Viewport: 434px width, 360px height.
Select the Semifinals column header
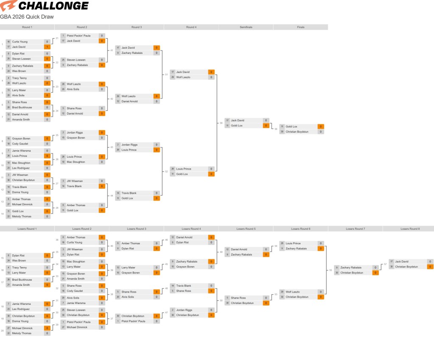click(x=246, y=27)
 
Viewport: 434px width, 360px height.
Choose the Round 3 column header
click(x=136, y=27)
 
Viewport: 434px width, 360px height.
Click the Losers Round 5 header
click(x=246, y=229)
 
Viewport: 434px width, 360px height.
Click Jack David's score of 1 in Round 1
click(x=47, y=47)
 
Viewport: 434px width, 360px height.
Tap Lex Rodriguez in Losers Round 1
click(x=21, y=309)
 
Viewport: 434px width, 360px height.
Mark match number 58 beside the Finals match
click(x=276, y=129)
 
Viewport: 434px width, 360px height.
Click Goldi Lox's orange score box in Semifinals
click(x=266, y=126)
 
